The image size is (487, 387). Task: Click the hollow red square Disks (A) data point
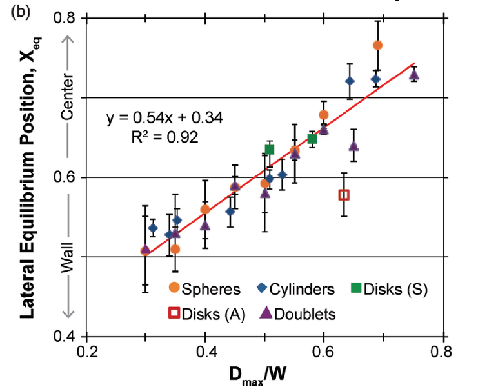pyautogui.click(x=344, y=195)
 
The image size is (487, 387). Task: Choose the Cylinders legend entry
pyautogui.click(x=296, y=288)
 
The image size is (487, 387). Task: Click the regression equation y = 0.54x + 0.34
pyautogui.click(x=164, y=118)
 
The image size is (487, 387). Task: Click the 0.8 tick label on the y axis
pyautogui.click(x=66, y=19)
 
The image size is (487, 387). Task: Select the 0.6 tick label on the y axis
pyautogui.click(x=66, y=177)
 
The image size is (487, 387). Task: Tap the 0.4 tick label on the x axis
pyautogui.click(x=205, y=353)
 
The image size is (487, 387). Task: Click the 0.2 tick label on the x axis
pyautogui.click(x=87, y=353)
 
